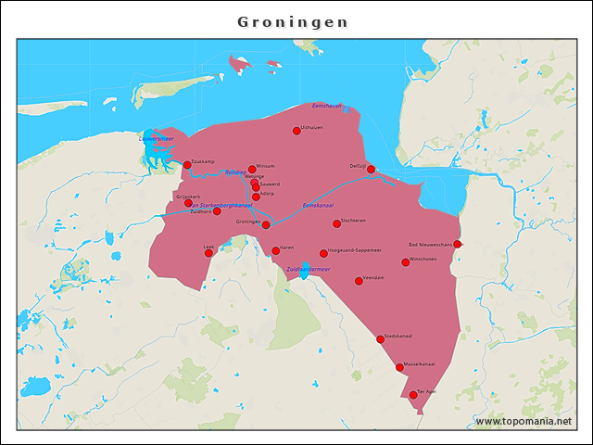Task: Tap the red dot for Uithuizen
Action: point(296,131)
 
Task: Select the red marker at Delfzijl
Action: point(371,169)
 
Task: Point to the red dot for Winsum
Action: point(252,170)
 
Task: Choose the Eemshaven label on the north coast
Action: point(328,106)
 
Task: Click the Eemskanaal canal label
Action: point(318,204)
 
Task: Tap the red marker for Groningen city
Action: point(266,224)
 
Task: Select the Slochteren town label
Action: point(354,221)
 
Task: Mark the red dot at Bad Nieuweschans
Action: point(457,244)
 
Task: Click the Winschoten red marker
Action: point(405,262)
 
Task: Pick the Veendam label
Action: point(374,277)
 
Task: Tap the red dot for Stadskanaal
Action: point(380,339)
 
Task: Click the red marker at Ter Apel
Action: point(413,395)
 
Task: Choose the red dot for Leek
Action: point(208,252)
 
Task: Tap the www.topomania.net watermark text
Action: point(524,422)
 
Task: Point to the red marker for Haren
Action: point(275,250)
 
